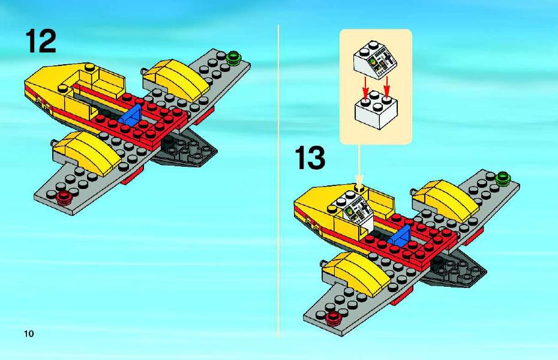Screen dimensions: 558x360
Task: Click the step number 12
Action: pyautogui.click(x=41, y=41)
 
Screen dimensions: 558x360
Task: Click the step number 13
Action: pyautogui.click(x=310, y=158)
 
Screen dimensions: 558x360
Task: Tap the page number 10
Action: pyautogui.click(x=29, y=334)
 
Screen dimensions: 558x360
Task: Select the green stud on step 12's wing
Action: pyautogui.click(x=233, y=58)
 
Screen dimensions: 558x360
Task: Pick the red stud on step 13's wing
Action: pyautogui.click(x=334, y=317)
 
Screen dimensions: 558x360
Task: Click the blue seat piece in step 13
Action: pyautogui.click(x=400, y=235)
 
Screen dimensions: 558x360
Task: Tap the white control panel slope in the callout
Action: pyautogui.click(x=375, y=59)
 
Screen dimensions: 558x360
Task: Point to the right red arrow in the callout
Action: pyautogui.click(x=387, y=85)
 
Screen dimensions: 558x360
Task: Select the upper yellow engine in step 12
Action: pyautogui.click(x=176, y=80)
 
